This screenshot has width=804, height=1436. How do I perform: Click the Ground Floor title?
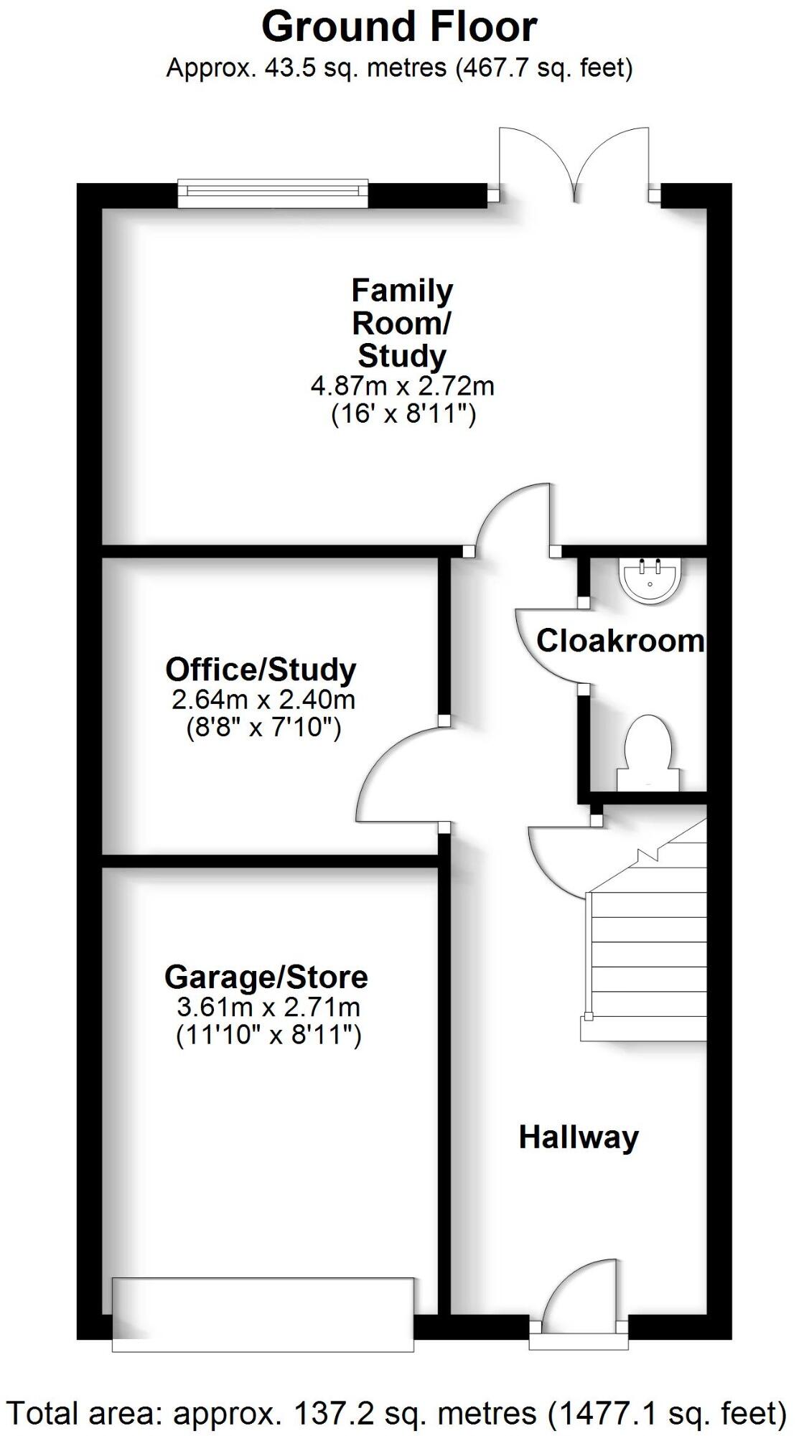tap(399, 27)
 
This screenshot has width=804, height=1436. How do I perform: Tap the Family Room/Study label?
tap(402, 323)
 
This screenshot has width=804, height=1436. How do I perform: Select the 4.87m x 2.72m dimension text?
tap(402, 387)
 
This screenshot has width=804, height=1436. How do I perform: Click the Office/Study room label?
tap(261, 670)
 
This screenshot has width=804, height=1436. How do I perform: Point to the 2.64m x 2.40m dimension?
tap(263, 700)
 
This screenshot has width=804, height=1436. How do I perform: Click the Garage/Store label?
tap(266, 977)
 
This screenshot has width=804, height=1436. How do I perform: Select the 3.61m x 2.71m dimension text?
tap(268, 1008)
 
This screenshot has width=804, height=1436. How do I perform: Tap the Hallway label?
tap(579, 1137)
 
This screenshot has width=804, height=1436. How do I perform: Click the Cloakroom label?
tap(620, 641)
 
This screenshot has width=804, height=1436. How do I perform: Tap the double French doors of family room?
tap(574, 164)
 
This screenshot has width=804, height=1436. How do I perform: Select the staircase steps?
tap(646, 954)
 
